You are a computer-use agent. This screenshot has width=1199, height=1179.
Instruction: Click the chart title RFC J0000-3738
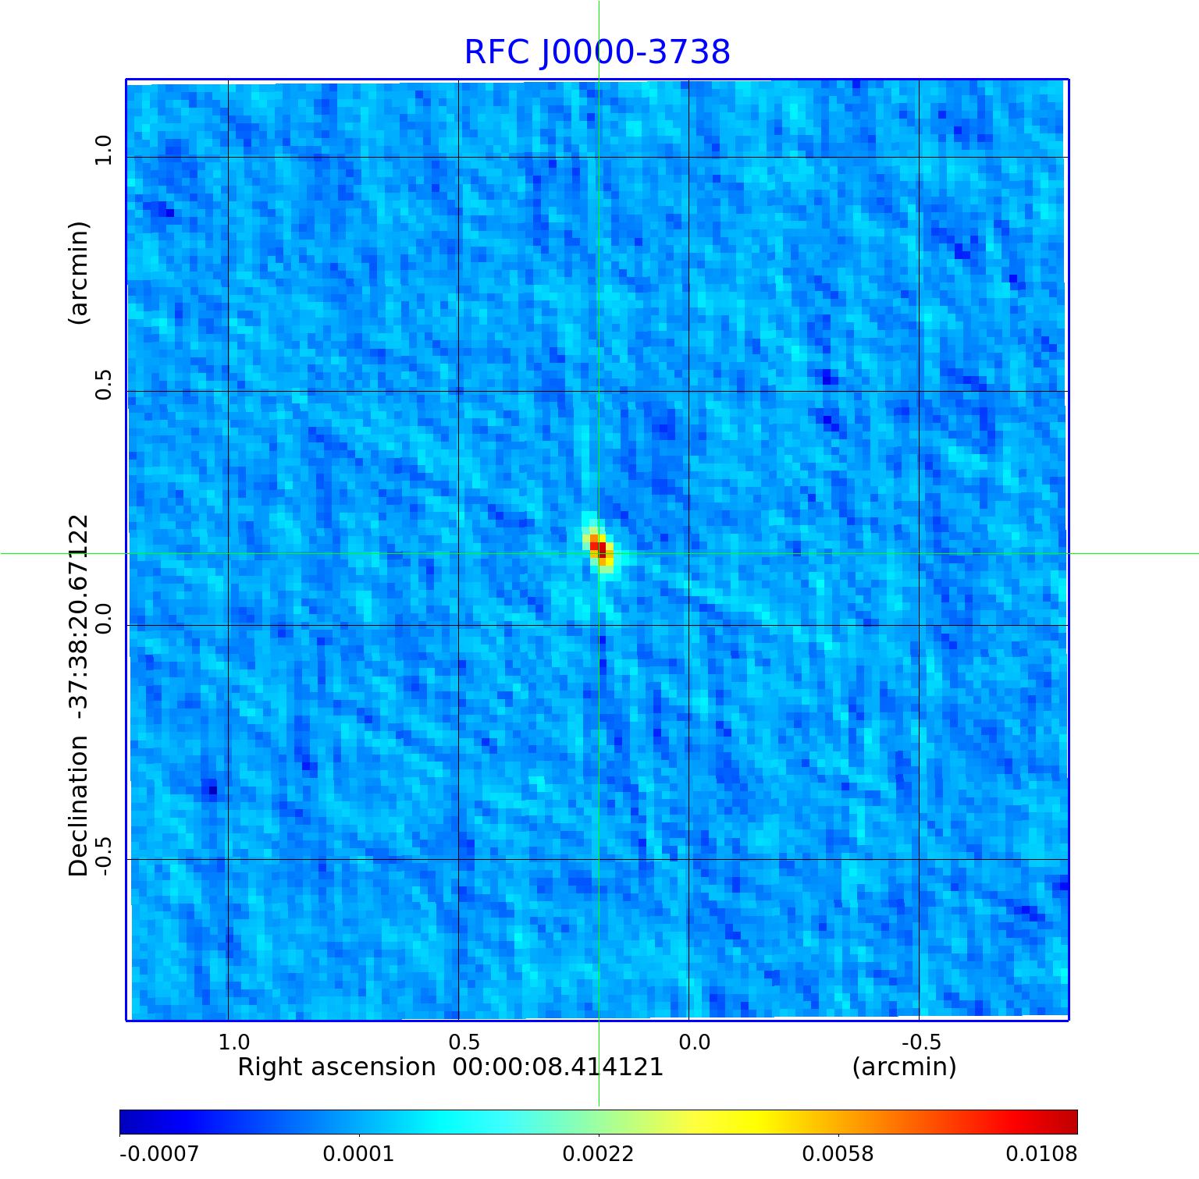click(597, 52)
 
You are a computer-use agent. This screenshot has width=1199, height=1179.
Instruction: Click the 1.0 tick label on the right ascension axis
click(233, 1042)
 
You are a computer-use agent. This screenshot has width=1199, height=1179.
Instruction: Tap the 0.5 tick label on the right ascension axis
click(464, 1042)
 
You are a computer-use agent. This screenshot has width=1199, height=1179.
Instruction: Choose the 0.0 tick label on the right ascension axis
click(694, 1042)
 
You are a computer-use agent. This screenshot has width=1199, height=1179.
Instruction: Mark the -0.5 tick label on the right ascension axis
click(921, 1042)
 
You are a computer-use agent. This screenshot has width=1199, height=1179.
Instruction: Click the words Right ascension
click(336, 1067)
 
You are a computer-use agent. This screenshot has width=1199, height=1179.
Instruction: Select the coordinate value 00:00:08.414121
click(558, 1067)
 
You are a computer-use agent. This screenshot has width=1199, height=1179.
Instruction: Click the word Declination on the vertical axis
click(79, 806)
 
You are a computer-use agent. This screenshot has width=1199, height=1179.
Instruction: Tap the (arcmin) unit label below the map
click(904, 1067)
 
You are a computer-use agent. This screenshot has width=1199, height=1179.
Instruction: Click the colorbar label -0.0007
click(159, 1153)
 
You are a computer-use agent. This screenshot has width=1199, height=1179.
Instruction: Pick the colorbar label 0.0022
click(599, 1153)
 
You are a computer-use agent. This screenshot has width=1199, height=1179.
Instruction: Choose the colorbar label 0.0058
click(838, 1153)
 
